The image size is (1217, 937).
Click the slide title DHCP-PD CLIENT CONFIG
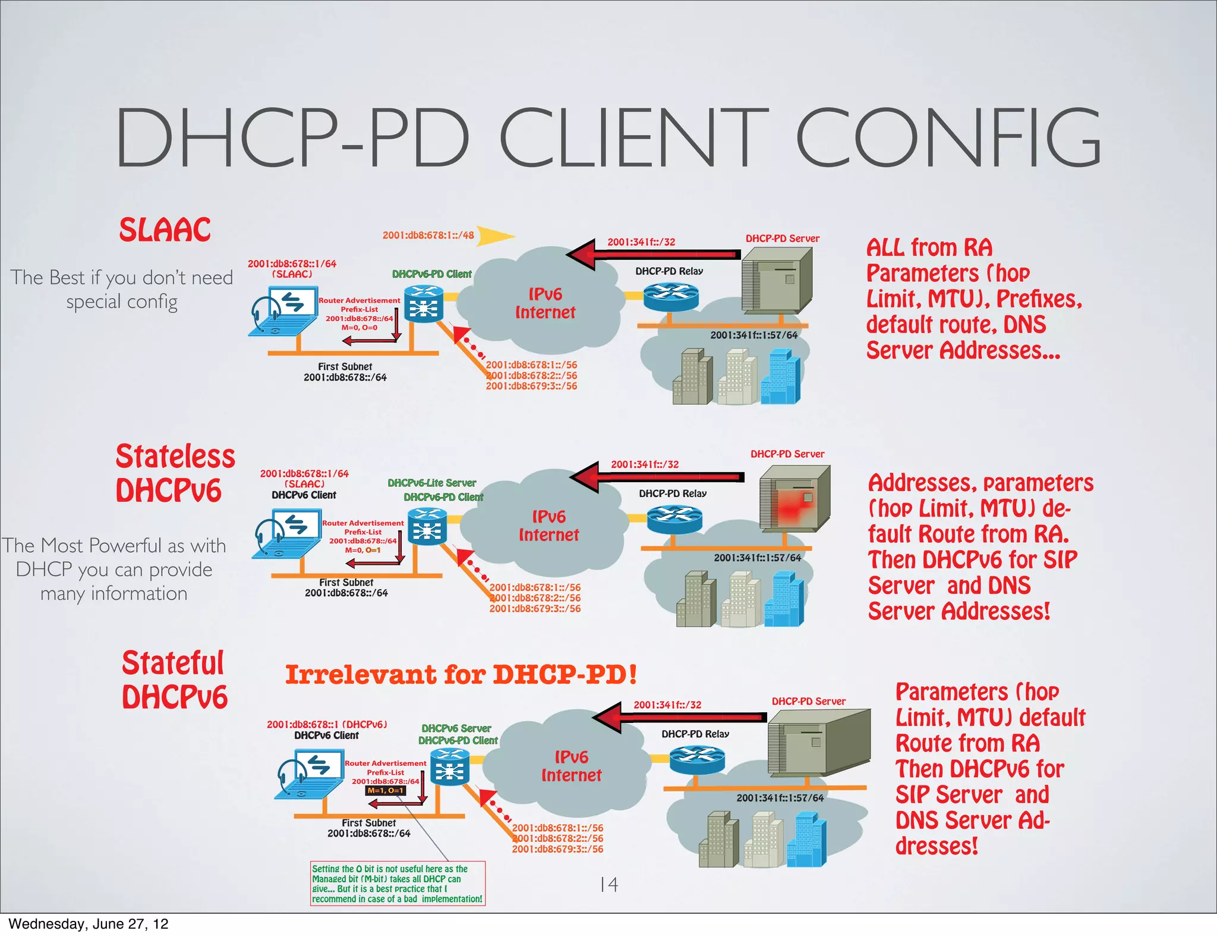607,138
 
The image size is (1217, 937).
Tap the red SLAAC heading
165,230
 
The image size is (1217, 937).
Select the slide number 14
608,885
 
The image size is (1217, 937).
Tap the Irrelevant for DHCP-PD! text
461,675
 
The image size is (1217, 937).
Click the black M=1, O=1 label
385,791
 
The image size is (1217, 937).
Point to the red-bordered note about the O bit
398,883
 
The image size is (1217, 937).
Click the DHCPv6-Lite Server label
431,483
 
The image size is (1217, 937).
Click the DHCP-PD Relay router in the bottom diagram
696,760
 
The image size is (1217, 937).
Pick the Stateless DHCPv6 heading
175,473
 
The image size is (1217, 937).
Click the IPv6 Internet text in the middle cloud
548,526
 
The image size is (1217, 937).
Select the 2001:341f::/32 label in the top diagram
641,242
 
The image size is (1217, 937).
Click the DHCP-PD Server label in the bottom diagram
808,702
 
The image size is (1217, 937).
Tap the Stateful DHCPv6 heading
174,680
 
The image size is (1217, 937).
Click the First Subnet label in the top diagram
345,367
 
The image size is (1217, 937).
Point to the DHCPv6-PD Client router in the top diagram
423,304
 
